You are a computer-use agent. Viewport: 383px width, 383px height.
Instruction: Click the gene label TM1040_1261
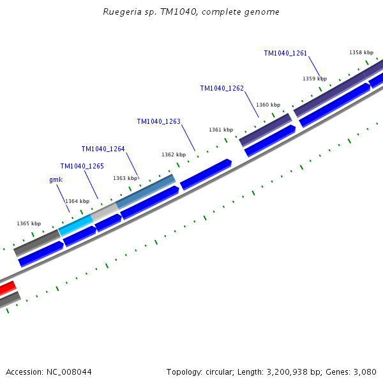pyautogui.click(x=285, y=53)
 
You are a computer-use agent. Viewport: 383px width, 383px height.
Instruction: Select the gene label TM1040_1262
pyautogui.click(x=222, y=89)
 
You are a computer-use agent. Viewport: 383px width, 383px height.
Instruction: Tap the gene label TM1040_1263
pyautogui.click(x=158, y=121)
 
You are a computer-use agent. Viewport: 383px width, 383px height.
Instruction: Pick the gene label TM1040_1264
pyautogui.click(x=103, y=149)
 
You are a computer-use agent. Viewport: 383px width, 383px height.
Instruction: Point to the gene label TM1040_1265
pyautogui.click(x=82, y=166)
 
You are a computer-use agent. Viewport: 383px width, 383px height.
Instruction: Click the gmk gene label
pyautogui.click(x=56, y=180)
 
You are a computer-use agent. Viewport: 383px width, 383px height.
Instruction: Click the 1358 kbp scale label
pyautogui.click(x=361, y=52)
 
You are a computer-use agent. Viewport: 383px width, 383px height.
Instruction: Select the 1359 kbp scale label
pyautogui.click(x=314, y=79)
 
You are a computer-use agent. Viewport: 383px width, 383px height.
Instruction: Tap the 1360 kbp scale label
pyautogui.click(x=267, y=105)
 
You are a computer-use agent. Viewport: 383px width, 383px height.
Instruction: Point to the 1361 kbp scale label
pyautogui.click(x=220, y=130)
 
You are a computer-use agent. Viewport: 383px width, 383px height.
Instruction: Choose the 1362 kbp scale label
pyautogui.click(x=173, y=154)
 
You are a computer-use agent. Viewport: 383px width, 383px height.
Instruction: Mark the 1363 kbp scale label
pyautogui.click(x=124, y=178)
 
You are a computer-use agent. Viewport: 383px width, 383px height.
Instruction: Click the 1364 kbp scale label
pyautogui.click(x=77, y=201)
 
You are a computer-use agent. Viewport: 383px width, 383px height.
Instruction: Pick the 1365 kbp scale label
pyautogui.click(x=28, y=223)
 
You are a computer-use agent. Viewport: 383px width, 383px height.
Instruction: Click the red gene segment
pyautogui.click(x=6, y=289)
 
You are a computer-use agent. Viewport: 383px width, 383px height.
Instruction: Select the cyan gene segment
pyautogui.click(x=75, y=224)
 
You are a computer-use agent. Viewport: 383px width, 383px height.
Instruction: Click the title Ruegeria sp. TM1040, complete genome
pyautogui.click(x=191, y=12)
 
